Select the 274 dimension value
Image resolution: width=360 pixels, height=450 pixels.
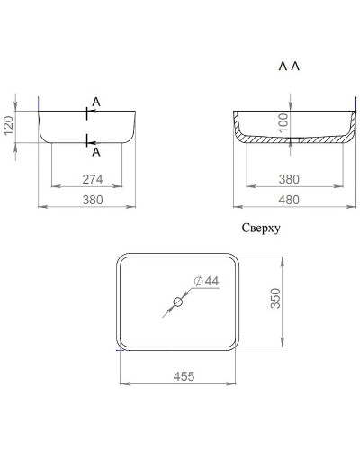point(88,179)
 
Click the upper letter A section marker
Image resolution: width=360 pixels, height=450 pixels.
point(96,104)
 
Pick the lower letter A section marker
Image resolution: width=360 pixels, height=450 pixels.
point(96,152)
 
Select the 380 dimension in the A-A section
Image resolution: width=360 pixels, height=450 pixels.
point(291,179)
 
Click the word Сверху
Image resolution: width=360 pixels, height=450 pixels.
point(261,229)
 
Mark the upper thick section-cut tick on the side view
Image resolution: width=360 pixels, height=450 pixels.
point(86,112)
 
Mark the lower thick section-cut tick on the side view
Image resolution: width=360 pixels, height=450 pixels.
point(86,139)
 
